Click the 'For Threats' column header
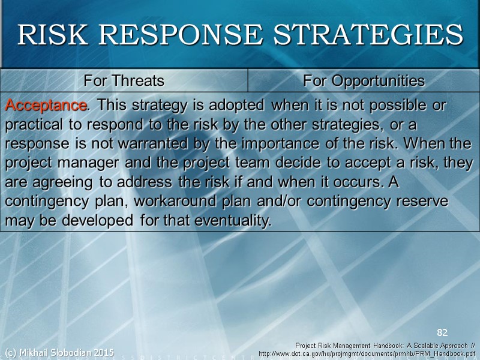(124, 80)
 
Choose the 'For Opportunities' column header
(364, 80)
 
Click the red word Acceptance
(46, 106)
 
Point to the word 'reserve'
(423, 202)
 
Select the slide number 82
(442, 332)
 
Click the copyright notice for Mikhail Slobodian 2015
(59, 352)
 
